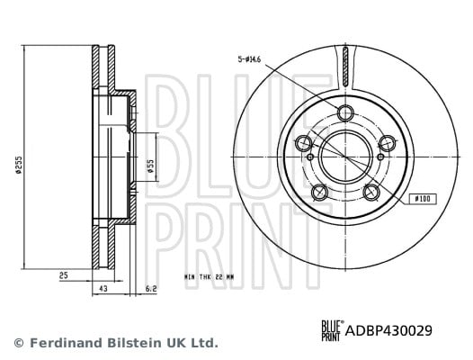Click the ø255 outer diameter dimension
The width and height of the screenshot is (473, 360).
[x=19, y=165]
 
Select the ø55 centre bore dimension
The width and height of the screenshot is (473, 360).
[x=150, y=166]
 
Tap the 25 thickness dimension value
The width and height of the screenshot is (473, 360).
[x=64, y=275]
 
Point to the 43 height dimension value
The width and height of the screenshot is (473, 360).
[x=103, y=288]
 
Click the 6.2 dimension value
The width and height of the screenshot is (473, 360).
[x=151, y=288]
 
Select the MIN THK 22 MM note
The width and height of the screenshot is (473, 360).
[x=209, y=276]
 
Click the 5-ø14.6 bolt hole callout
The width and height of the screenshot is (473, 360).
[x=249, y=59]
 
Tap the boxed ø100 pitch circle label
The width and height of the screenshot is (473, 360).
[x=423, y=199]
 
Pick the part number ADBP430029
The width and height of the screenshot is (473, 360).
[x=388, y=330]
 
